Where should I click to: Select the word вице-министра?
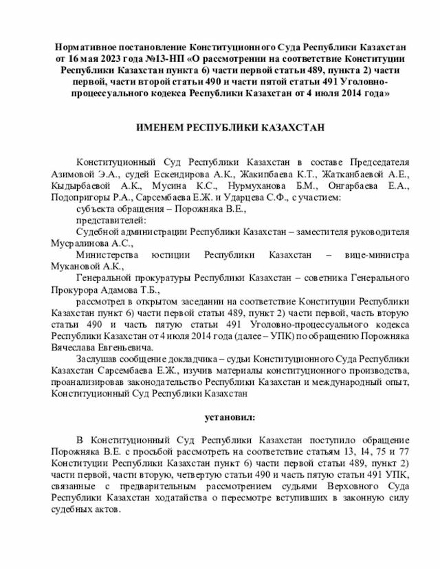378,255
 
